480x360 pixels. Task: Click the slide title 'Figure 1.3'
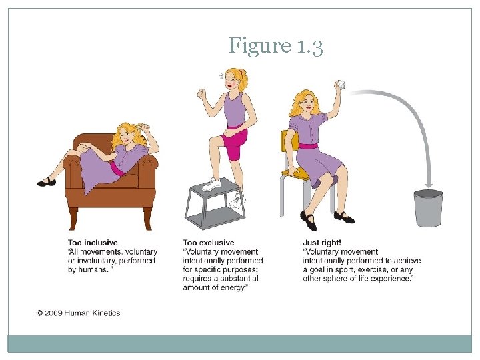click(x=276, y=46)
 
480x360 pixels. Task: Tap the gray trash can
click(x=428, y=207)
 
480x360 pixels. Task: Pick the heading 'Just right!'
click(x=323, y=243)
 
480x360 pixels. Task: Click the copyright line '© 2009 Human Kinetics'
click(x=79, y=313)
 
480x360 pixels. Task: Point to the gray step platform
click(x=213, y=203)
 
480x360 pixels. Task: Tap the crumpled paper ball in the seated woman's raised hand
click(x=342, y=85)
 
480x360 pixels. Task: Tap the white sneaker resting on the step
click(x=212, y=185)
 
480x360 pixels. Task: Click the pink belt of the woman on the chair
click(x=309, y=145)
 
